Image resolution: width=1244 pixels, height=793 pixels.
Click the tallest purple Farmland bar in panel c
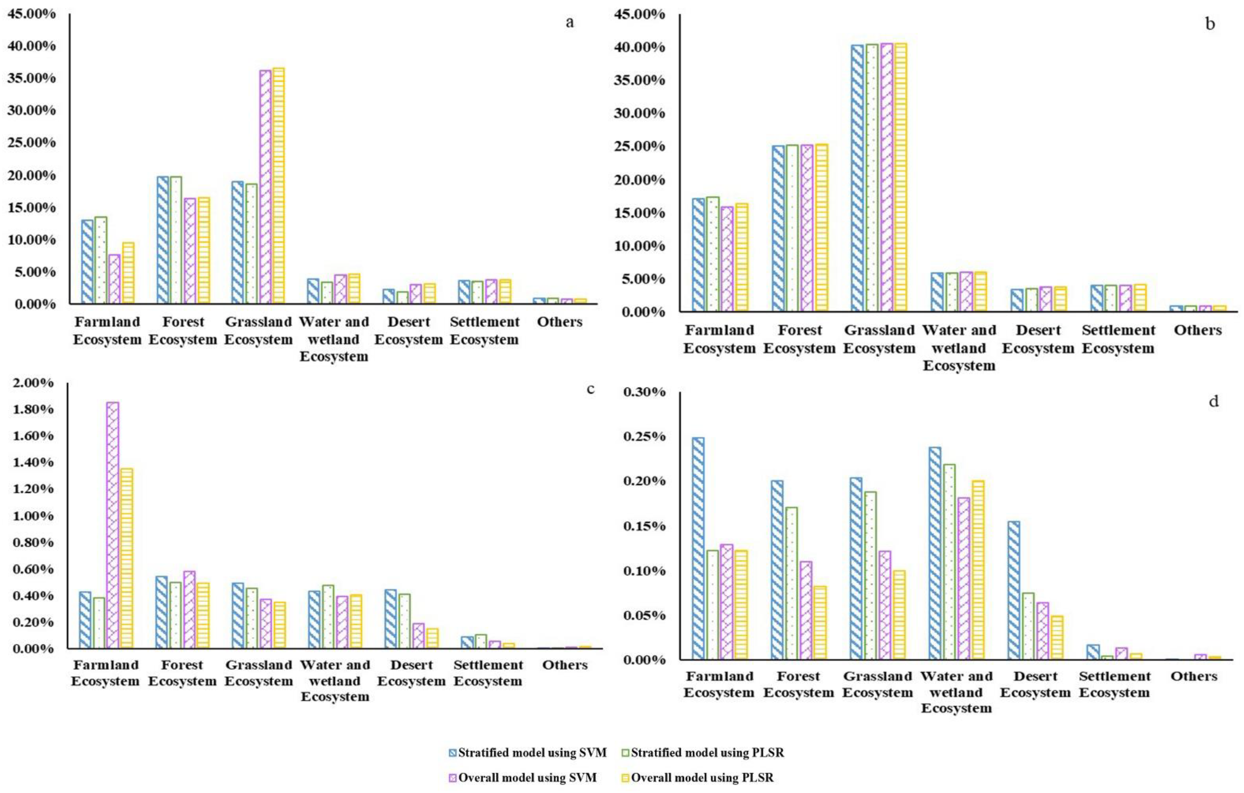113,524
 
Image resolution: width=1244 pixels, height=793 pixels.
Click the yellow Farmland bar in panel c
126,558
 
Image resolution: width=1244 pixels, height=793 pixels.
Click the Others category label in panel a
559,322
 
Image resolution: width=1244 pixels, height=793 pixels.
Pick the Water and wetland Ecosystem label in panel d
956,692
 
